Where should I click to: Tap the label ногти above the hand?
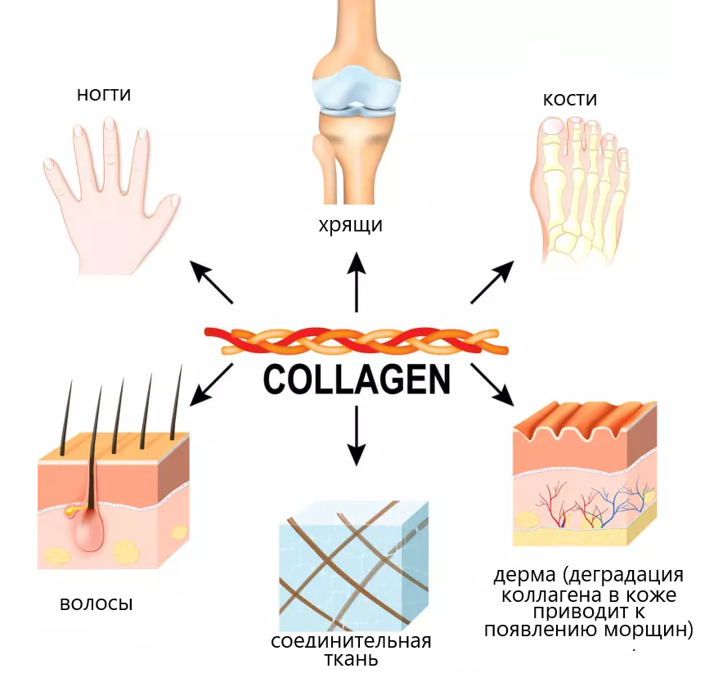(x=104, y=94)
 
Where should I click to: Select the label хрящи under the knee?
(x=351, y=225)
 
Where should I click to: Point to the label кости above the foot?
(x=570, y=99)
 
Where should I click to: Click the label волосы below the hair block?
(x=97, y=603)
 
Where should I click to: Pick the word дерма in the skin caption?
(x=524, y=575)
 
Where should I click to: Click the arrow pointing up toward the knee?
(x=357, y=282)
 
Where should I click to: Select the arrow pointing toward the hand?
(x=211, y=282)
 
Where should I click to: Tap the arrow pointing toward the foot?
(x=492, y=282)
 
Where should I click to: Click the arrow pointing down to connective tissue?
(x=357, y=436)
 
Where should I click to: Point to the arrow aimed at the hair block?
(x=211, y=385)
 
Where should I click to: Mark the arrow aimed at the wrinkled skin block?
(x=492, y=385)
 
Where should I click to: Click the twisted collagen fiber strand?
(x=356, y=340)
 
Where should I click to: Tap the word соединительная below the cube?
(x=351, y=642)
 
